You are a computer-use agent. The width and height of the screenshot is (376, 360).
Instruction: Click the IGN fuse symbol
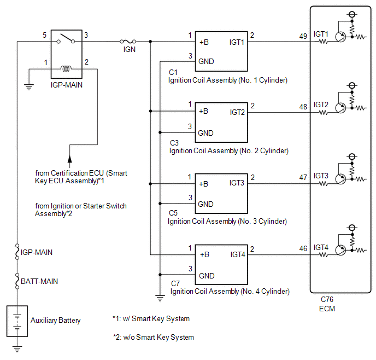click(128, 42)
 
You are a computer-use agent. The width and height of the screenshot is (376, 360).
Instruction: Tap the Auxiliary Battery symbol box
click(17, 321)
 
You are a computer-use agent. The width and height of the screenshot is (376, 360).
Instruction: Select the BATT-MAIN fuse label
click(39, 281)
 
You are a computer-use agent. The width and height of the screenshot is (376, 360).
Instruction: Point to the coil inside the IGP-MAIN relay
click(66, 69)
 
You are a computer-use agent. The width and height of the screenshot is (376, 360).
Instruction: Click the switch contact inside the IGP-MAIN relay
click(66, 39)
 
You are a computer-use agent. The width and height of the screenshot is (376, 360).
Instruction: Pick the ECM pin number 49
click(303, 36)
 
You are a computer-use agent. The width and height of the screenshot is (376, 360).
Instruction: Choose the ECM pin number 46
click(303, 248)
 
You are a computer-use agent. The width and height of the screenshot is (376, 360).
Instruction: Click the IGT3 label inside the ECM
click(321, 176)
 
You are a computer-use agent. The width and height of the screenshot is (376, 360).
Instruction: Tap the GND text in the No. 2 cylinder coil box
click(205, 133)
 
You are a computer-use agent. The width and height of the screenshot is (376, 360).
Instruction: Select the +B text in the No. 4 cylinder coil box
click(204, 254)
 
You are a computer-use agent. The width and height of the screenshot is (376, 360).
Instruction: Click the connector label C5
click(173, 213)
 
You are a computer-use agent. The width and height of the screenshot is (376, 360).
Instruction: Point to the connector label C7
click(175, 283)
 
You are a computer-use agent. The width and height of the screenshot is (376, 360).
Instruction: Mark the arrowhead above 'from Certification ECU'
click(69, 159)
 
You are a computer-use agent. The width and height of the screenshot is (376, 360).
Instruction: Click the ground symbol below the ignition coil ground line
click(160, 298)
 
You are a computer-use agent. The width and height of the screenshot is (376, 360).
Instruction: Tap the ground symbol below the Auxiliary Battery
click(17, 349)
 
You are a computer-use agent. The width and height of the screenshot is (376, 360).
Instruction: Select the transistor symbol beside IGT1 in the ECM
click(340, 37)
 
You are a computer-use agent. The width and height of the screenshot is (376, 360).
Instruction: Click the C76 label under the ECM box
click(327, 299)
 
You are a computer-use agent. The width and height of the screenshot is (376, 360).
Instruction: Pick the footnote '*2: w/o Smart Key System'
click(154, 337)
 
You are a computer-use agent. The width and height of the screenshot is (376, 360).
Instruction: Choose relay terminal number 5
click(44, 35)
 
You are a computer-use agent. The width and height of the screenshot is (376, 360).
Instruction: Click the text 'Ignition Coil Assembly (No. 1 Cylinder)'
click(228, 80)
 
